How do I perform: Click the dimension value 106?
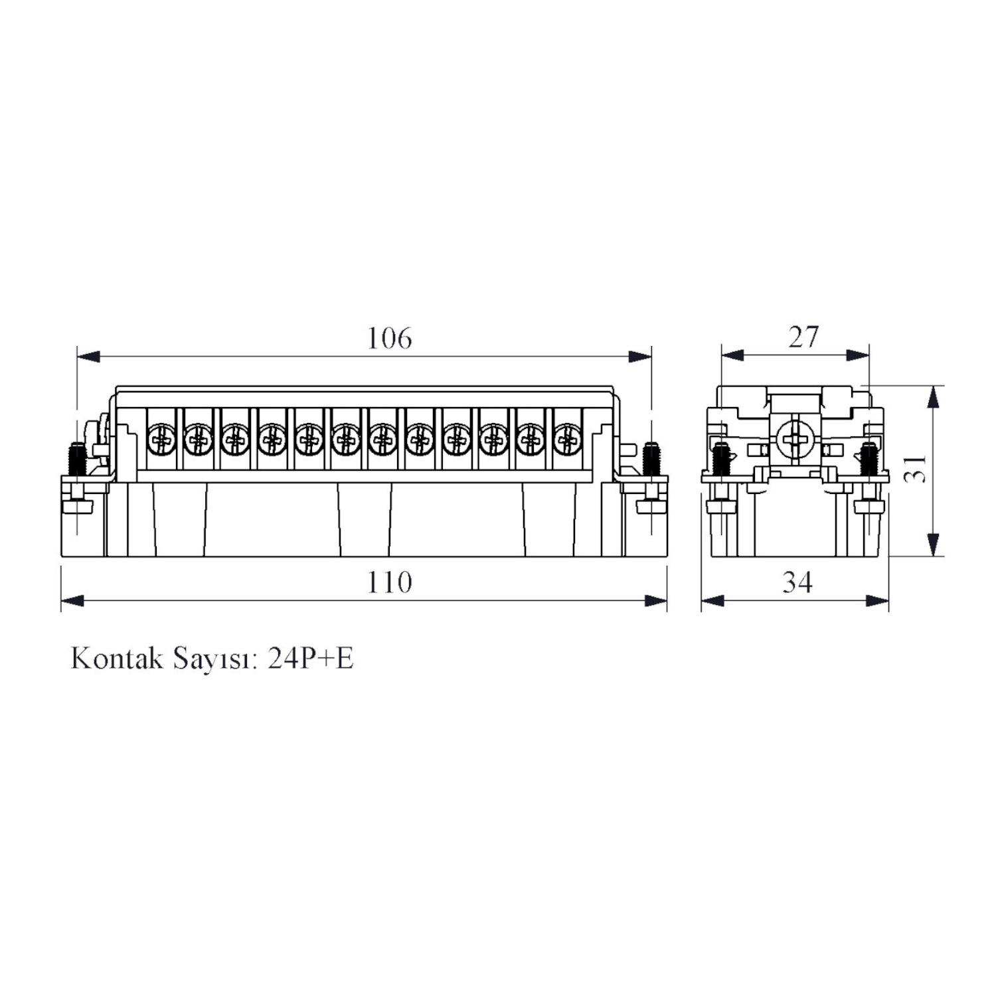coord(390,339)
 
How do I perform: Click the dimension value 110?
coord(390,582)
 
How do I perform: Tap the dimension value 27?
coord(803,337)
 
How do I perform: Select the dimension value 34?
coord(797,582)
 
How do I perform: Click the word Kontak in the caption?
coord(117,658)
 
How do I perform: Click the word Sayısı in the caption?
coord(215,659)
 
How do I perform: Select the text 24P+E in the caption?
coord(311,658)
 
